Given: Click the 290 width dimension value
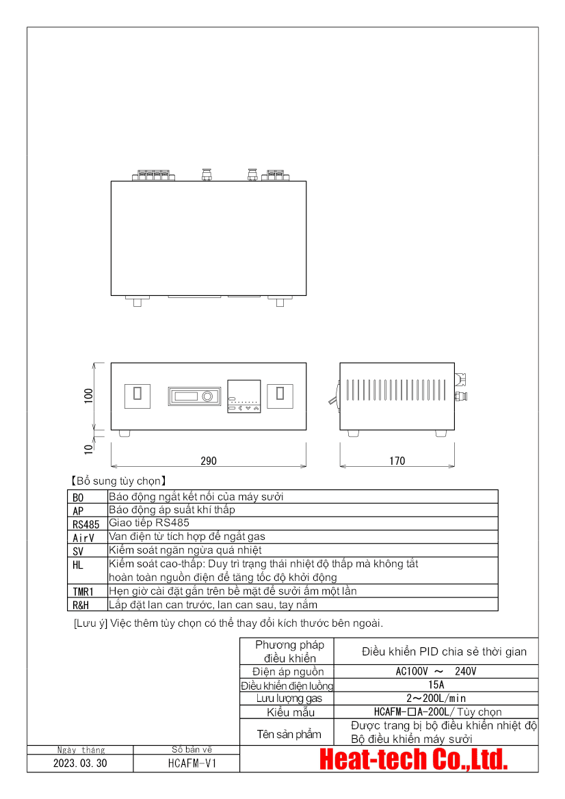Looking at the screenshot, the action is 209,461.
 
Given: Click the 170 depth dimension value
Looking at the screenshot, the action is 397,461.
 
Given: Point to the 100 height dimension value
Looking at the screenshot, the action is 89,396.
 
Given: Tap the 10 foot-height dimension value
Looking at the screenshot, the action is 89,449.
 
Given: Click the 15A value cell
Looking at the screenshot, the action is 436,685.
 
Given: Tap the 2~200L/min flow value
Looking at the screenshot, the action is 436,699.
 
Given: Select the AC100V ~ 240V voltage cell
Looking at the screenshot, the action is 436,672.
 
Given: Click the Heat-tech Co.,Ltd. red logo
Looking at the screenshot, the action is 414,759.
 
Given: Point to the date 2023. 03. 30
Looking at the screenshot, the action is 80,763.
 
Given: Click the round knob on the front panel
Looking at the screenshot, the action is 207,396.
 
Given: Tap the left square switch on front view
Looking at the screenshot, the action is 137,396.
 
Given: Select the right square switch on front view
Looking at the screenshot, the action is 280,396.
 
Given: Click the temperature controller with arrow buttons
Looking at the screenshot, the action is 244,396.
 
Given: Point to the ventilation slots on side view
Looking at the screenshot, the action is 395,390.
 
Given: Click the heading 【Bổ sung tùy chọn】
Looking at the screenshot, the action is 119,481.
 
